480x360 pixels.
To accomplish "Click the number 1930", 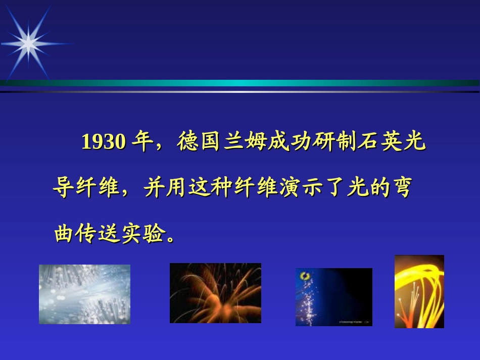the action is tap(104, 141).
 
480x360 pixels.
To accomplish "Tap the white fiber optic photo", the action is tap(84, 294).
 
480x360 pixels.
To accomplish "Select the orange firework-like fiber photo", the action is tap(216, 293).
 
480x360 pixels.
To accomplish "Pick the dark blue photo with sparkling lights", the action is tap(334, 297).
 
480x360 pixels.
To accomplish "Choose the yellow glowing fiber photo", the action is tap(419, 291).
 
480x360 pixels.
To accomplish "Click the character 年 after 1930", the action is tap(143, 141).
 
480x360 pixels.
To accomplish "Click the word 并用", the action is tap(165, 187).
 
